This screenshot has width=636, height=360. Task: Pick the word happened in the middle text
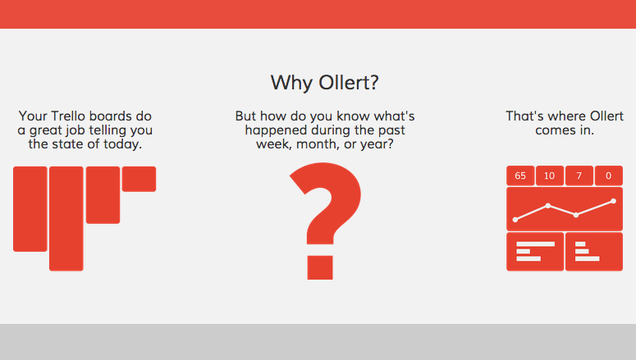coord(277,130)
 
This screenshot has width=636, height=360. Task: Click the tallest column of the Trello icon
coord(66,218)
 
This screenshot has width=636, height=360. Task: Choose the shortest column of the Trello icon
coord(139,179)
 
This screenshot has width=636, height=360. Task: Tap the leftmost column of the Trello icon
coord(30,208)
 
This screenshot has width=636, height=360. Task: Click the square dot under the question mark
coord(320,267)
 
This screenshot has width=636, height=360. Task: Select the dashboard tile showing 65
coord(520,175)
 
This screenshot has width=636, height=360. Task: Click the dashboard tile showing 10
coord(549,175)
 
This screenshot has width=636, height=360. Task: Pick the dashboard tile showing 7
coord(579,175)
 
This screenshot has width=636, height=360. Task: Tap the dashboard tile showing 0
coord(608,175)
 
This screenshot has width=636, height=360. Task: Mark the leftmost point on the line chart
coord(515,220)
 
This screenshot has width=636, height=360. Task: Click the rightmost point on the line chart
coord(613,201)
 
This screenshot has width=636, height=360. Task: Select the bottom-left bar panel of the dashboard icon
coord(534,251)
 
